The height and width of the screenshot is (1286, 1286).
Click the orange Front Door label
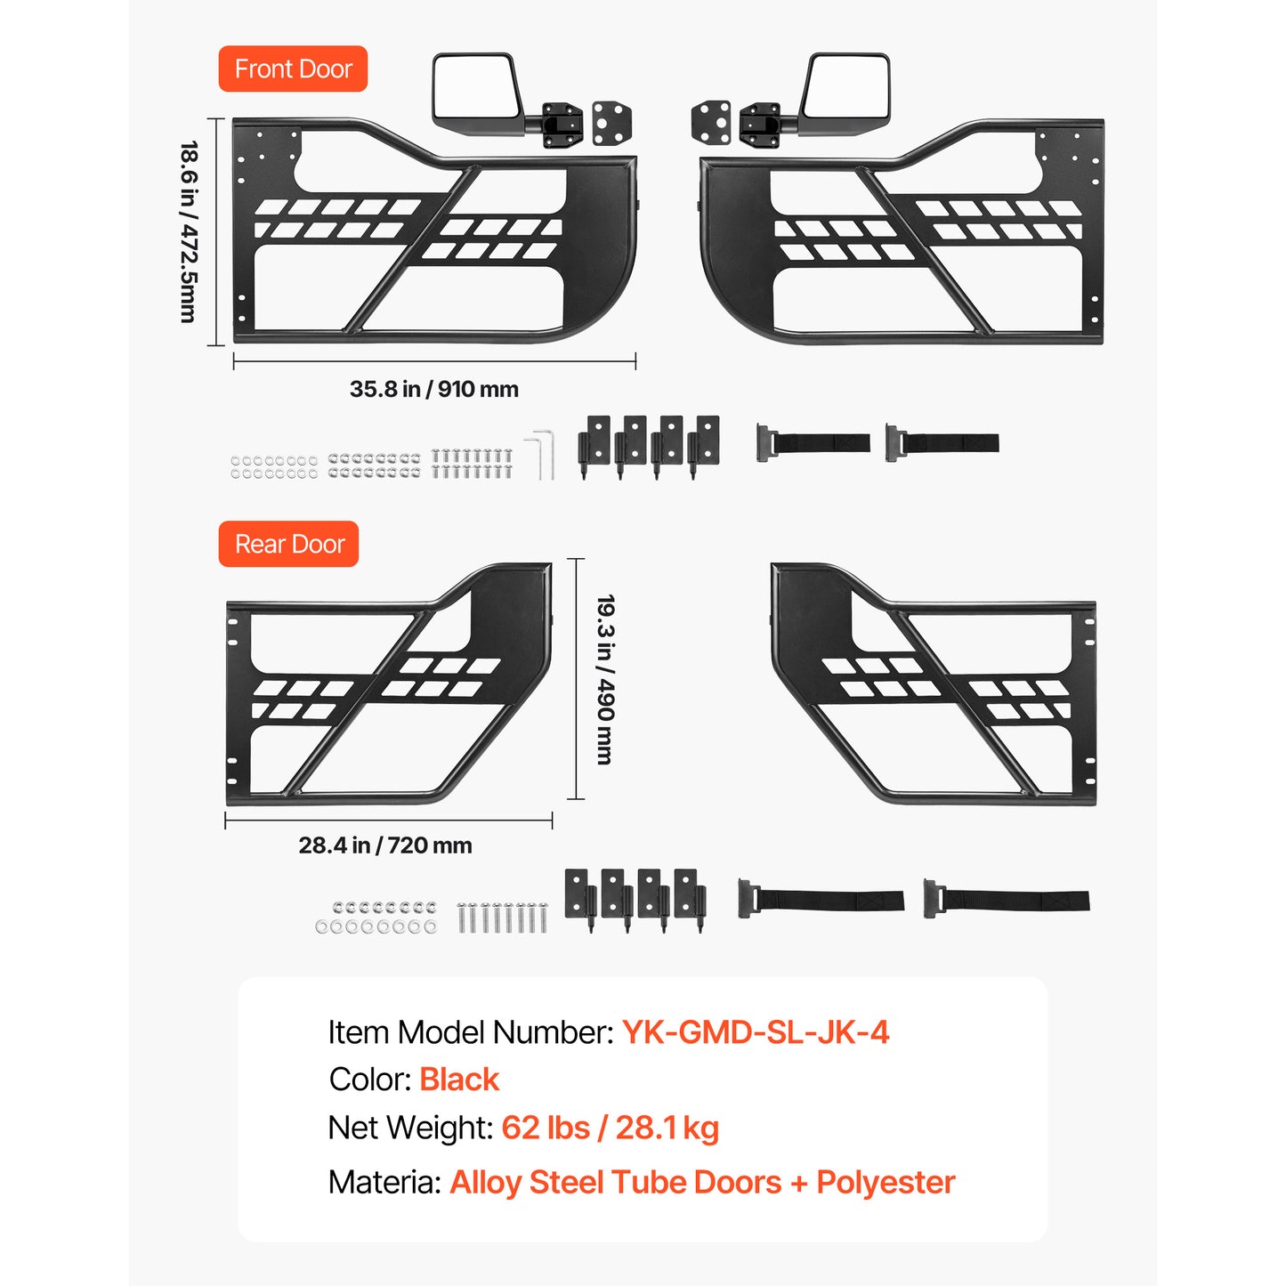pyautogui.click(x=293, y=69)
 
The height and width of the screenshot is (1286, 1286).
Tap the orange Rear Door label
pyautogui.click(x=288, y=544)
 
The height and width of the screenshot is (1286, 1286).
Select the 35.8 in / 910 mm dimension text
pyautogui.click(x=433, y=389)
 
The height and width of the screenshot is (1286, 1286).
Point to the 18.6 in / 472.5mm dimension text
pyautogui.click(x=189, y=231)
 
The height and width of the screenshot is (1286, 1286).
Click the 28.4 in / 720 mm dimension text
pyautogui.click(x=385, y=845)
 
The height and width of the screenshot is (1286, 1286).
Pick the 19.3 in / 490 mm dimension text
pyautogui.click(x=605, y=679)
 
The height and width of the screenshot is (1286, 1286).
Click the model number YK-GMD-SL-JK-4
pyautogui.click(x=756, y=1031)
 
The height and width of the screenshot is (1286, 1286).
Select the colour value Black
pyautogui.click(x=459, y=1080)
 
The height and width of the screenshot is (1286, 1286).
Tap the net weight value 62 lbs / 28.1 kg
pyautogui.click(x=610, y=1128)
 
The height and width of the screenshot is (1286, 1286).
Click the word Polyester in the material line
pyautogui.click(x=886, y=1182)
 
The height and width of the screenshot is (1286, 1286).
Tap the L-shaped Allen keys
pyautogui.click(x=542, y=455)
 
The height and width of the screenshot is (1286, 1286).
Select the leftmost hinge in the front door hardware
pyautogui.click(x=594, y=447)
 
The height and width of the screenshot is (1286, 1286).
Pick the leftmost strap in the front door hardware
pyautogui.click(x=813, y=442)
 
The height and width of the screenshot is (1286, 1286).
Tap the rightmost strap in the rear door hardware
pyautogui.click(x=1007, y=899)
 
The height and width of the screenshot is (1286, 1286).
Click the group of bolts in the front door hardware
pyautogui.click(x=471, y=464)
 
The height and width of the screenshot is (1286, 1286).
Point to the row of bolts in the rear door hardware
pyautogui.click(x=502, y=917)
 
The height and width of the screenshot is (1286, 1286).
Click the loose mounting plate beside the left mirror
pyautogui.click(x=612, y=124)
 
